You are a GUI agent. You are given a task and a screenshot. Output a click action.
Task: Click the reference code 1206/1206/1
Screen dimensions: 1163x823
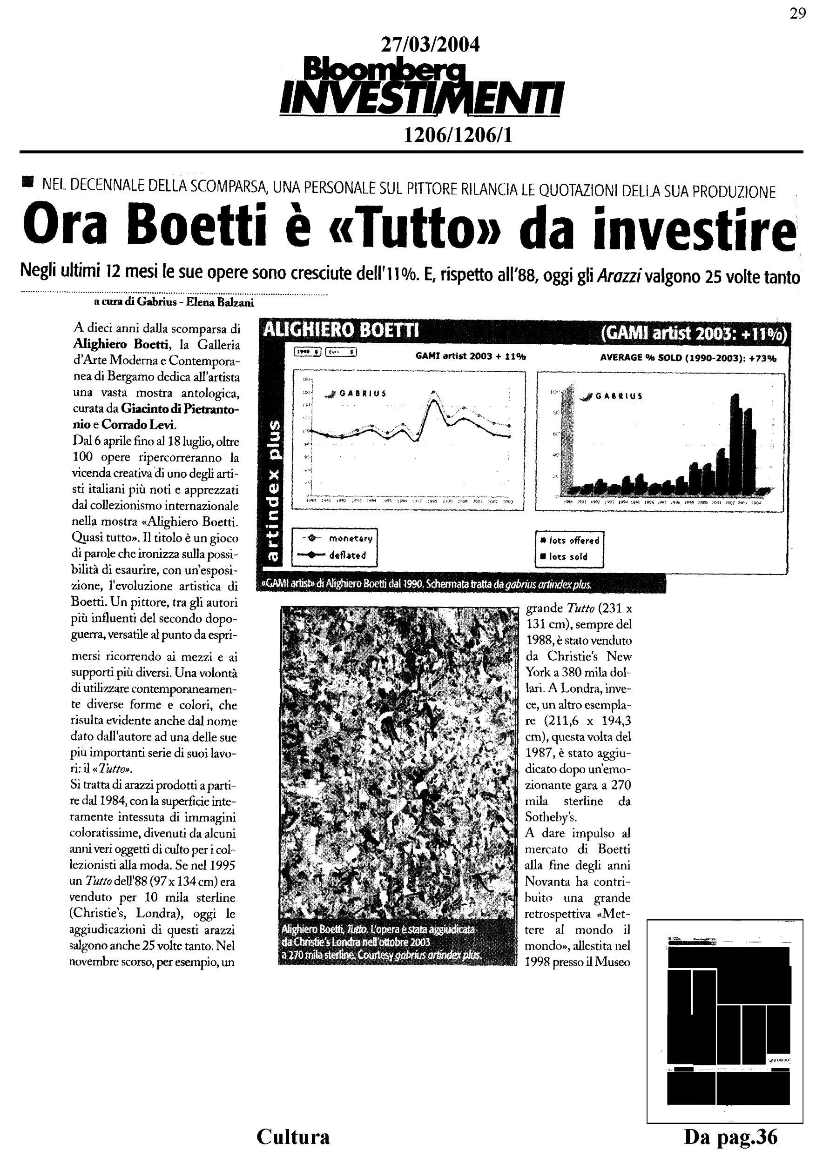coord(457,135)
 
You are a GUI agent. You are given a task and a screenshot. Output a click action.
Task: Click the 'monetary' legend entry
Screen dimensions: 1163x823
coord(350,538)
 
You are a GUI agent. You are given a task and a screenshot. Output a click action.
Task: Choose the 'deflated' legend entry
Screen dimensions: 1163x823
coord(347,555)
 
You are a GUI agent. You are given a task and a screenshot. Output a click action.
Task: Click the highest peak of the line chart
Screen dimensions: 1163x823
coord(433,393)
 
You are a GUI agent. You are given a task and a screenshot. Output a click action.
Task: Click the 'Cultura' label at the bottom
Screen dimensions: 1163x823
coord(293,1136)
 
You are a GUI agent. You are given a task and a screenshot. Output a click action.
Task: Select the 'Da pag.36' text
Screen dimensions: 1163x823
coord(730,1136)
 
